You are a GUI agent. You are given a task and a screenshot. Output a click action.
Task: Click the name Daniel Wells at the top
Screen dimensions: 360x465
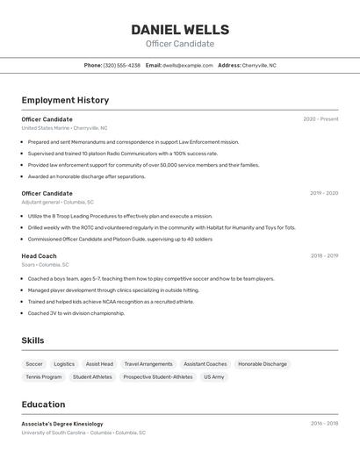click(x=180, y=30)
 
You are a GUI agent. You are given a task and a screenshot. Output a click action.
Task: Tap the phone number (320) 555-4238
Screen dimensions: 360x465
click(x=121, y=65)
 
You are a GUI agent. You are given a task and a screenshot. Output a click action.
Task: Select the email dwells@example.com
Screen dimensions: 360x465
click(x=187, y=65)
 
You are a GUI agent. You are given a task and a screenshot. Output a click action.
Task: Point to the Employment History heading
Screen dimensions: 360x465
click(x=65, y=100)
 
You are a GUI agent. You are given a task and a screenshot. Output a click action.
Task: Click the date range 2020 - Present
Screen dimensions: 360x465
click(x=320, y=118)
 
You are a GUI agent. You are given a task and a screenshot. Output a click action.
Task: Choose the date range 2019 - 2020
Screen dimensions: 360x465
click(x=323, y=193)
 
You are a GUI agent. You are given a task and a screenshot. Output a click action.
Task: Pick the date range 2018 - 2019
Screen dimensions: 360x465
click(x=324, y=255)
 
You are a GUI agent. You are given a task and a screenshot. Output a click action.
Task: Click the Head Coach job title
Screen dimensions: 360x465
click(x=39, y=255)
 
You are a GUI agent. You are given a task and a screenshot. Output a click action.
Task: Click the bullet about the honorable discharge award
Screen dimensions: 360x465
click(x=86, y=176)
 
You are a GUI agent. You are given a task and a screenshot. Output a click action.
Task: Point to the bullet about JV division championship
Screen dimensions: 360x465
click(x=76, y=312)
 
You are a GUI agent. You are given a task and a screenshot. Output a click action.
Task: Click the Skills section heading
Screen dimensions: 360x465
click(x=32, y=340)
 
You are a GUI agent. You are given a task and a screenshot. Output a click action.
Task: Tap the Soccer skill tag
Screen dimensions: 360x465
click(x=34, y=364)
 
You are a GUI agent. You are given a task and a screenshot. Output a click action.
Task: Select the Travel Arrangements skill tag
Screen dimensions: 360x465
click(x=148, y=364)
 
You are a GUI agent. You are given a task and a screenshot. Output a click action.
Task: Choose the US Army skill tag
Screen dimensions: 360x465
click(x=214, y=377)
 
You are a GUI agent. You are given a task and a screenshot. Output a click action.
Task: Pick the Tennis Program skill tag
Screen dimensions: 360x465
click(x=44, y=377)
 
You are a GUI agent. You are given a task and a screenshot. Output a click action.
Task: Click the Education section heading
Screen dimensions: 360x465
click(x=43, y=404)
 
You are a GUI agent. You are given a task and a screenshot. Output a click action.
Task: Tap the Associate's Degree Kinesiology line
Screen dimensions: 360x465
click(x=62, y=424)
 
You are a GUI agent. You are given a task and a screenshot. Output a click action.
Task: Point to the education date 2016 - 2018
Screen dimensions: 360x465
click(x=324, y=423)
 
